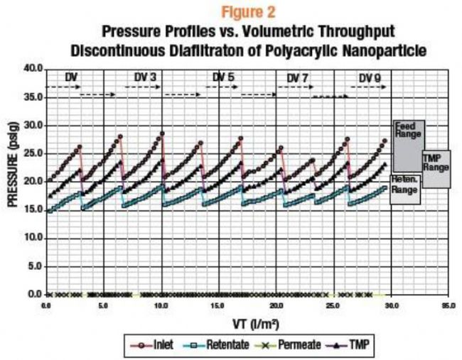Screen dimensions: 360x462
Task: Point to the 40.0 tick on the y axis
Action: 33,69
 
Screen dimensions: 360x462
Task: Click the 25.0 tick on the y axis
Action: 33,153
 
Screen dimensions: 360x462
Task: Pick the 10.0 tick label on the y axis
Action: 33,238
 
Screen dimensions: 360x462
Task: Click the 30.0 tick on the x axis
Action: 392,306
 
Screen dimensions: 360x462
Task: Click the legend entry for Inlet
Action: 152,345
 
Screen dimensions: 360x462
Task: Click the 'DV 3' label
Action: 146,77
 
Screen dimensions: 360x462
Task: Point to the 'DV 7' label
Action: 299,77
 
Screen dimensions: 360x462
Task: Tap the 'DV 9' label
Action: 371,77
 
